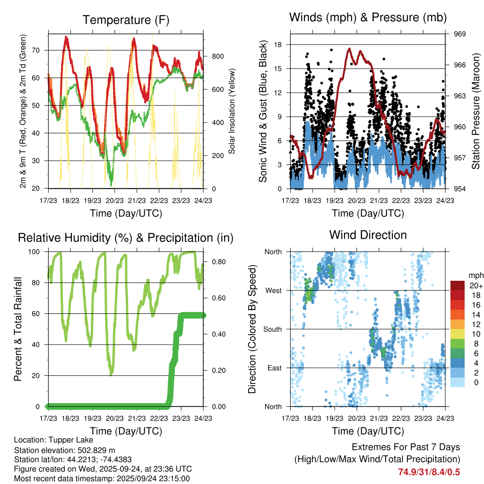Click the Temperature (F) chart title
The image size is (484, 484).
point(126,20)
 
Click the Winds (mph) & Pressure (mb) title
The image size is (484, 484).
point(368,17)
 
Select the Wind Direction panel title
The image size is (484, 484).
point(368,235)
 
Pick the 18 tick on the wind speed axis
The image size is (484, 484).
point(278,44)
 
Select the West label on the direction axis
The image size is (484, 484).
point(273,291)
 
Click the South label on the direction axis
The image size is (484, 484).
point(272,329)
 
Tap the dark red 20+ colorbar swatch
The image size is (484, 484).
point(457,286)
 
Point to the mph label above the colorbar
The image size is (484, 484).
point(475,275)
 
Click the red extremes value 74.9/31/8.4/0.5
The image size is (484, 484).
point(429,472)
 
